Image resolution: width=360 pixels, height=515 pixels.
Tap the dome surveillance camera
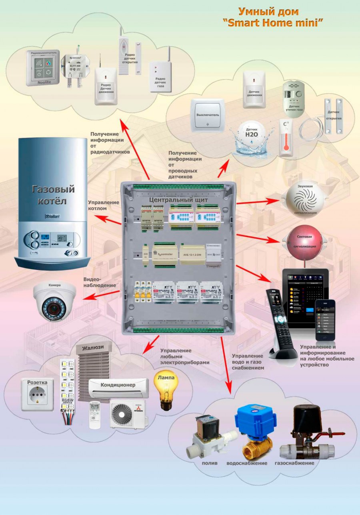pyautogui.click(x=54, y=301)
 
